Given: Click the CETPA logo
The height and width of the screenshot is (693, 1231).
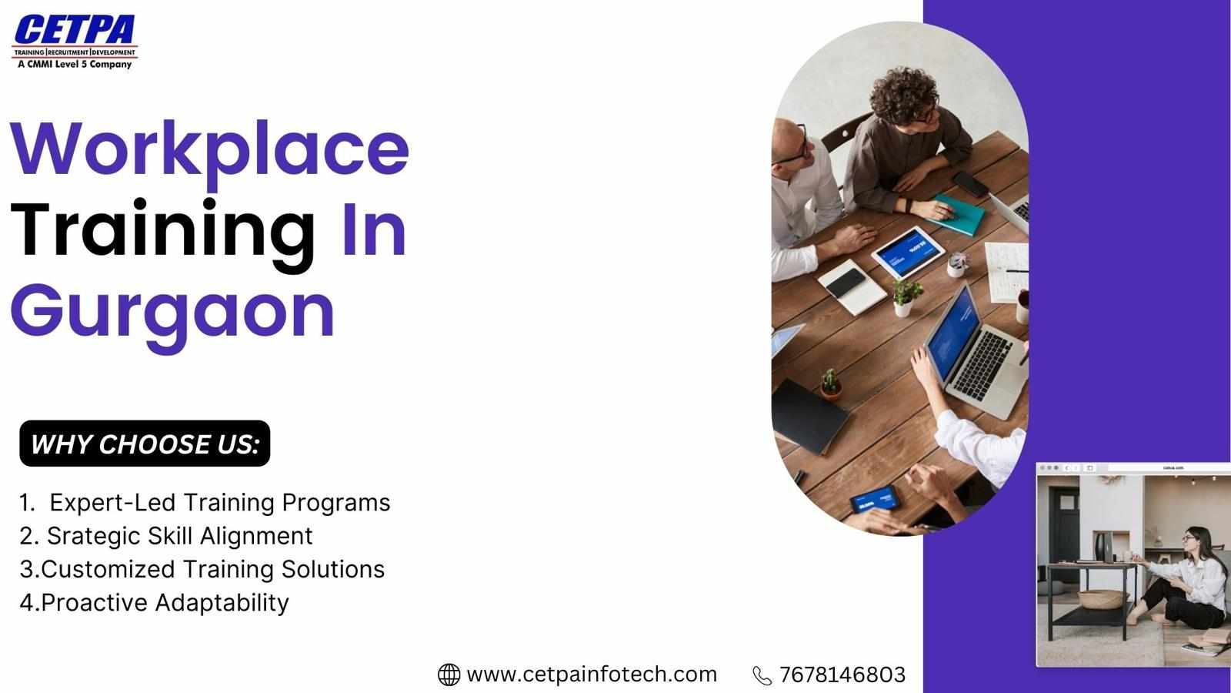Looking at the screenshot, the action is click(x=75, y=42).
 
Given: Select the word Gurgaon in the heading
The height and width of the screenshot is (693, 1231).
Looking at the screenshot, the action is click(x=172, y=316).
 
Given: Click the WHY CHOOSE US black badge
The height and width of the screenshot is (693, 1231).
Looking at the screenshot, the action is click(x=145, y=444).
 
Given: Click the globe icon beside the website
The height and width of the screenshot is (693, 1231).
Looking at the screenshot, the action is click(x=449, y=675).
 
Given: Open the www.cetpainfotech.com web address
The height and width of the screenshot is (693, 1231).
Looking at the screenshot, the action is click(x=592, y=675).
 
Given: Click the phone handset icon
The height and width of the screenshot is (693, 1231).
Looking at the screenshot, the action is click(x=762, y=675).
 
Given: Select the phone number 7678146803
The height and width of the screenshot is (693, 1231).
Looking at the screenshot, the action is click(x=842, y=675).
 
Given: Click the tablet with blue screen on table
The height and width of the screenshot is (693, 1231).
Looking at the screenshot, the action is click(x=908, y=253).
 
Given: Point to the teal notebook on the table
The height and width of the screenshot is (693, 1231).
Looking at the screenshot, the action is click(x=957, y=215).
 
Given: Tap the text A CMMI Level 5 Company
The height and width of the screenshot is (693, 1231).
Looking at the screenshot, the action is click(x=75, y=65).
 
